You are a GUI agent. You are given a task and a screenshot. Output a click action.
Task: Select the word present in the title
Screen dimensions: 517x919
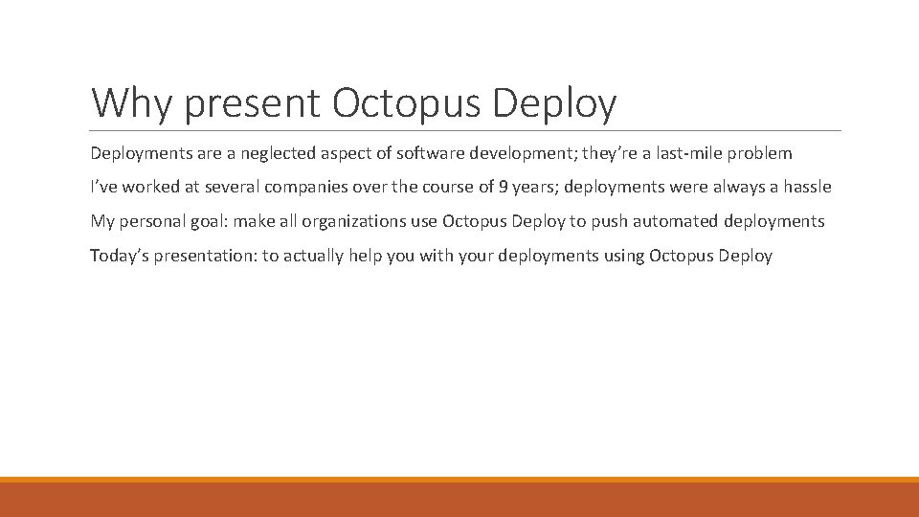251,103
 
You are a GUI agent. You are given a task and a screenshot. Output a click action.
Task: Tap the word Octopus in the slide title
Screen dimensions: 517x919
405,103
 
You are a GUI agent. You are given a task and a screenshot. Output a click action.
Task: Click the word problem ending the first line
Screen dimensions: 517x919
760,153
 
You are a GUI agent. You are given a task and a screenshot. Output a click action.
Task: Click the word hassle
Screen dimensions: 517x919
807,188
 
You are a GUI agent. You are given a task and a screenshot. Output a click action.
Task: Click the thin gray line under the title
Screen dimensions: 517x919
465,131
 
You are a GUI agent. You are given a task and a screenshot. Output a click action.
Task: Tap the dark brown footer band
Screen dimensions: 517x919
459,501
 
